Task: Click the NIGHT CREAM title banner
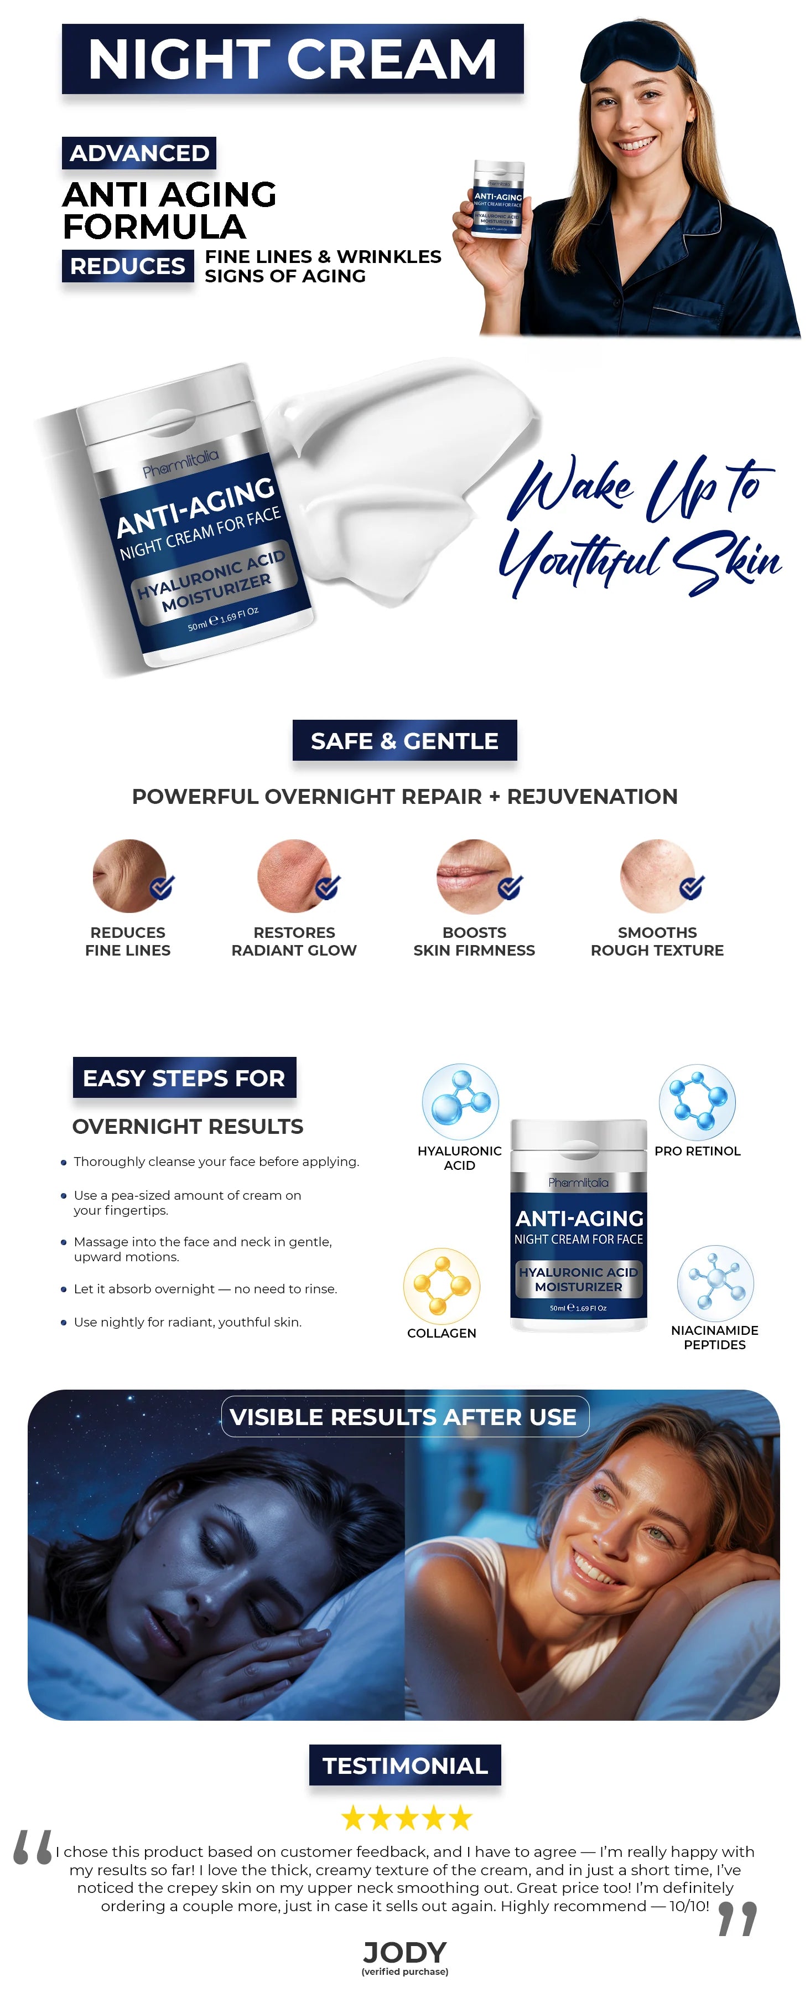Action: pyautogui.click(x=292, y=59)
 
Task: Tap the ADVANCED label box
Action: pyautogui.click(x=139, y=152)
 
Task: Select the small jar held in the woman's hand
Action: pyautogui.click(x=498, y=199)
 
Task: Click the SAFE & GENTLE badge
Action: pyautogui.click(x=404, y=740)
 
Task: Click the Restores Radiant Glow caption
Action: pyautogui.click(x=294, y=941)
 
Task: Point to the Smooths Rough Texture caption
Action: pyautogui.click(x=657, y=941)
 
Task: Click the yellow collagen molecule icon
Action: pyautogui.click(x=442, y=1284)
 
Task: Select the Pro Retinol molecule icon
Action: pyautogui.click(x=697, y=1102)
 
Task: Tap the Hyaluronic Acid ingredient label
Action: pyautogui.click(x=459, y=1158)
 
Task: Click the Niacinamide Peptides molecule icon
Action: pyautogui.click(x=716, y=1283)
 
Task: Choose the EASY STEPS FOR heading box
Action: pyautogui.click(x=184, y=1077)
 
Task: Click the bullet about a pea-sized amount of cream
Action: pyautogui.click(x=187, y=1203)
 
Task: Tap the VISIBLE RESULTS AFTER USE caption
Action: pyautogui.click(x=404, y=1417)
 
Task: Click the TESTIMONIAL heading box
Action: pyautogui.click(x=405, y=1766)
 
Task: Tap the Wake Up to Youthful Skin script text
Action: pyautogui.click(x=640, y=526)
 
